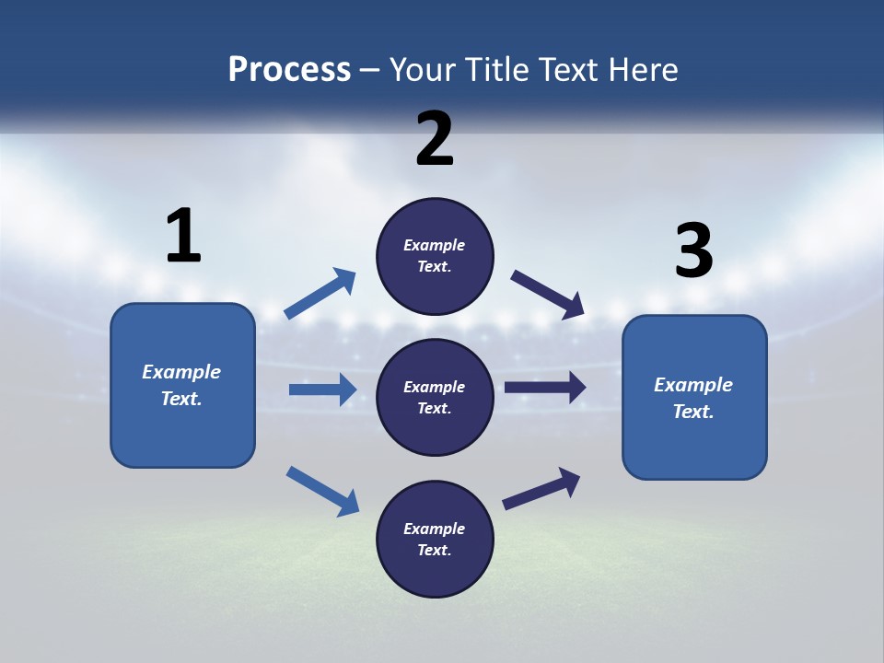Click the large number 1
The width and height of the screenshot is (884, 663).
183,236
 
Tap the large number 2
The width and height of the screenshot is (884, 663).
435,139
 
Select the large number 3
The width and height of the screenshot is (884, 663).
693,250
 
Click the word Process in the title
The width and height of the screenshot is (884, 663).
289,69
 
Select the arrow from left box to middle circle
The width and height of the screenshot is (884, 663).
322,390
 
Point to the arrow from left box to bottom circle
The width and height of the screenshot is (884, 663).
322,491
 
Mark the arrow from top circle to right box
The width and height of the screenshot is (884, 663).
547,294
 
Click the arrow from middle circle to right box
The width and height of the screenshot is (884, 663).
545,388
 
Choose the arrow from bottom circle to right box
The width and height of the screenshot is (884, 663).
541,489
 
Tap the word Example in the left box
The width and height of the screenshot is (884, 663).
181,372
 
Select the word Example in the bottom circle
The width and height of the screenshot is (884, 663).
434,529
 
